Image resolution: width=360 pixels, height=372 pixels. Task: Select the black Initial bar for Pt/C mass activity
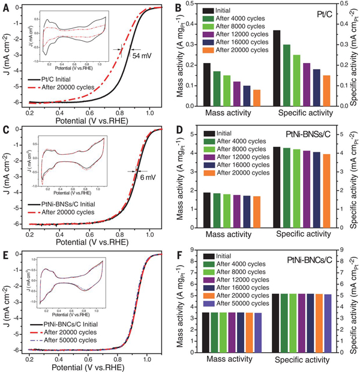(x=207, y=85)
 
